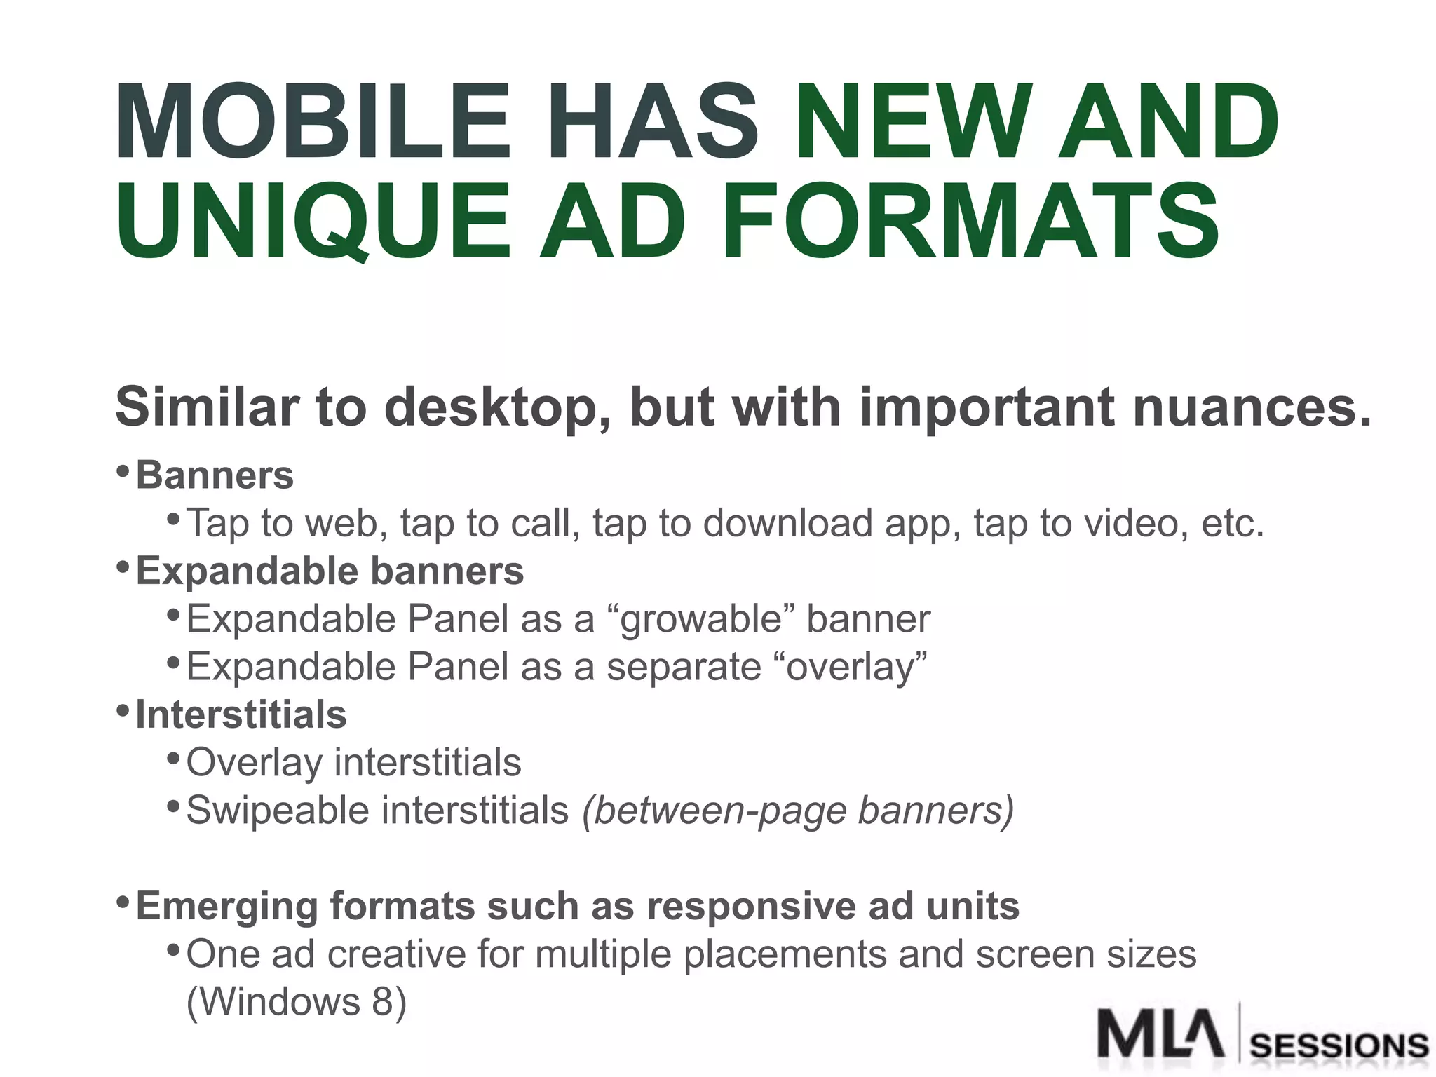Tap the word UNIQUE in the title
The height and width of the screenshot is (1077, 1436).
pyautogui.click(x=313, y=220)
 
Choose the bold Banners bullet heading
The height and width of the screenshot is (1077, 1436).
pyautogui.click(x=215, y=475)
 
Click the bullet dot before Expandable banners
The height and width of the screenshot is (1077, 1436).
pyautogui.click(x=123, y=566)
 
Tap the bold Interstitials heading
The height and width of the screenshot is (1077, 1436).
pyautogui.click(x=241, y=714)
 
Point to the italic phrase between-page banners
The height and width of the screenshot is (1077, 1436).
pyautogui.click(x=798, y=811)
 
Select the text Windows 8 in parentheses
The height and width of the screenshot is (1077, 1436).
pyautogui.click(x=297, y=1001)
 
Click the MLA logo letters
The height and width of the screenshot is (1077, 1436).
pyautogui.click(x=1160, y=1034)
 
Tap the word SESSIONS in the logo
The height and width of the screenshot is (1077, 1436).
pyautogui.click(x=1339, y=1046)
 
